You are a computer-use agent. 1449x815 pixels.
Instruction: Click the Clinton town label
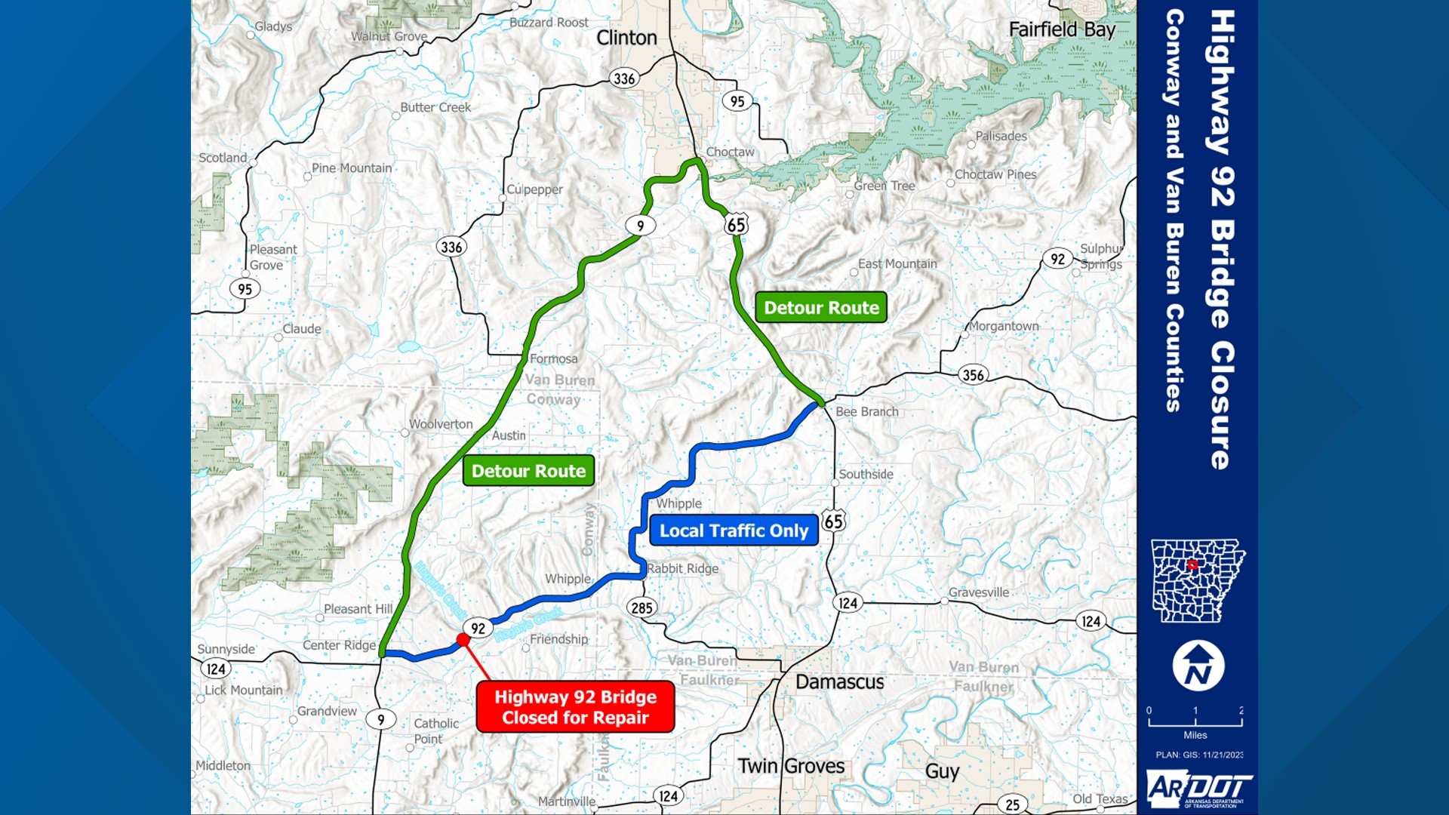pyautogui.click(x=626, y=38)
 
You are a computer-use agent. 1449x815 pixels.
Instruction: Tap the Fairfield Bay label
pyautogui.click(x=1061, y=29)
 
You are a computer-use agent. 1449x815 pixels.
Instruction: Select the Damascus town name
pyautogui.click(x=839, y=682)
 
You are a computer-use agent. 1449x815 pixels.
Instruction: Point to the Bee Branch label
pyautogui.click(x=866, y=412)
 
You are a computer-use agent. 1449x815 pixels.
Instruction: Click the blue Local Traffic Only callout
pyautogui.click(x=734, y=531)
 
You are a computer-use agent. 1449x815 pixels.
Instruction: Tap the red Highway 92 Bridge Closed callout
pyautogui.click(x=575, y=707)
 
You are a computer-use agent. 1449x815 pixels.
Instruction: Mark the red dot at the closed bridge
pyautogui.click(x=463, y=640)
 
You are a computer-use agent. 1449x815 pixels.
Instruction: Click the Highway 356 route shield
pyautogui.click(x=973, y=375)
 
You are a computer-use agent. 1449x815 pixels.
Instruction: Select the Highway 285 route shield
pyautogui.click(x=641, y=607)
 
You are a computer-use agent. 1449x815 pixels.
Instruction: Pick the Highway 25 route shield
pyautogui.click(x=1012, y=804)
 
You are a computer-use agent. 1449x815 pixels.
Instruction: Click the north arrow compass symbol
pyautogui.click(x=1198, y=666)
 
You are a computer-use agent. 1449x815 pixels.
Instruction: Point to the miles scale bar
pyautogui.click(x=1195, y=721)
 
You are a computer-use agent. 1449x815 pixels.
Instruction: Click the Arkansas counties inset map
pyautogui.click(x=1197, y=580)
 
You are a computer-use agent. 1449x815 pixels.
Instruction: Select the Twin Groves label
pyautogui.click(x=791, y=766)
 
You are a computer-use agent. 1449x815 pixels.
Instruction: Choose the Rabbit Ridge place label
pyautogui.click(x=682, y=569)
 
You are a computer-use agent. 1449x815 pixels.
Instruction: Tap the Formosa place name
pyautogui.click(x=553, y=359)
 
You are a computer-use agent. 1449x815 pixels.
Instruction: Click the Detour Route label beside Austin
pyautogui.click(x=528, y=471)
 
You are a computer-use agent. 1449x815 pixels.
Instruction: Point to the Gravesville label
pyautogui.click(x=978, y=592)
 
